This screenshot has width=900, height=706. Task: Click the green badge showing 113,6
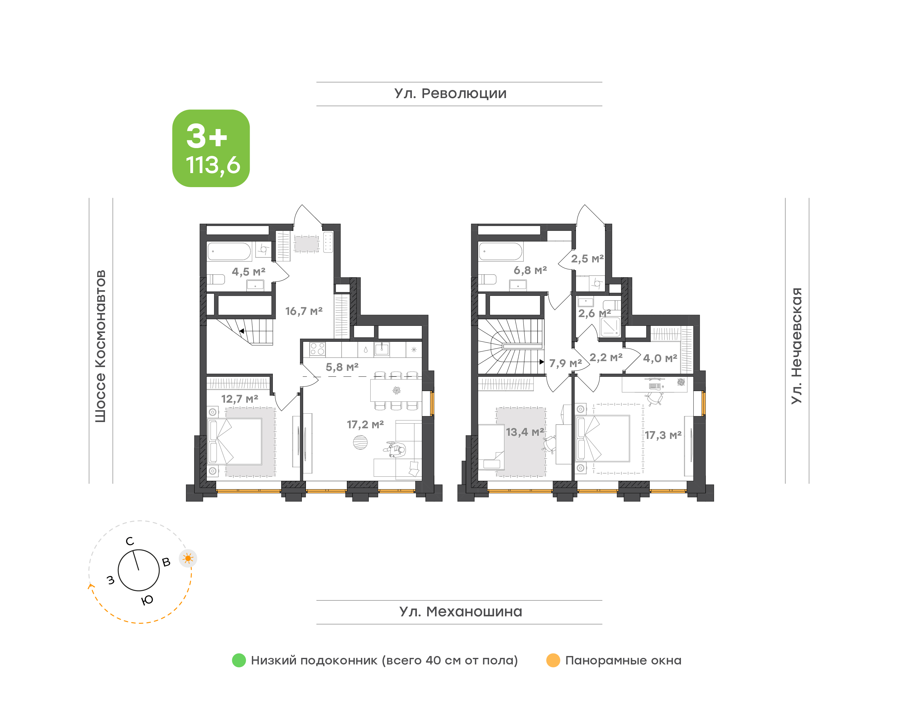[211, 148]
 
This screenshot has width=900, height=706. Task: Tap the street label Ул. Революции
[450, 94]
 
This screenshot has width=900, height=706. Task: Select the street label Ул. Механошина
[461, 611]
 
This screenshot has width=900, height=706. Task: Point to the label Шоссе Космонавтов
[100, 346]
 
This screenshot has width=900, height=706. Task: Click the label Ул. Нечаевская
[796, 346]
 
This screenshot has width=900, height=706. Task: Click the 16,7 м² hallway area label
[304, 311]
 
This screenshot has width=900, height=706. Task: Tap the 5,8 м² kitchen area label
[342, 367]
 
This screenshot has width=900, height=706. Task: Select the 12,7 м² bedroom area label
[240, 399]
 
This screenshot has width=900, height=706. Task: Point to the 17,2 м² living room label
[365, 425]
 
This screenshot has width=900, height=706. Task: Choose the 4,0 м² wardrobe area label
[660, 358]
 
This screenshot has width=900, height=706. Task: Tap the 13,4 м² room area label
[525, 432]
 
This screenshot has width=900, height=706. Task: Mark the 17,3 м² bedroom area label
[663, 435]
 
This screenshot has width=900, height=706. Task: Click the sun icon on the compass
[188, 559]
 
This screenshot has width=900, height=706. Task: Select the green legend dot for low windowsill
[239, 660]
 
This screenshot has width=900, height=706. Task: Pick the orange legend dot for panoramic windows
[553, 660]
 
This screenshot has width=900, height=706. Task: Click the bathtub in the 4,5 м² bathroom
[229, 251]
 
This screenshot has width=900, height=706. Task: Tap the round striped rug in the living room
[360, 442]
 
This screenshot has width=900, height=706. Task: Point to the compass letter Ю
[147, 600]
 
